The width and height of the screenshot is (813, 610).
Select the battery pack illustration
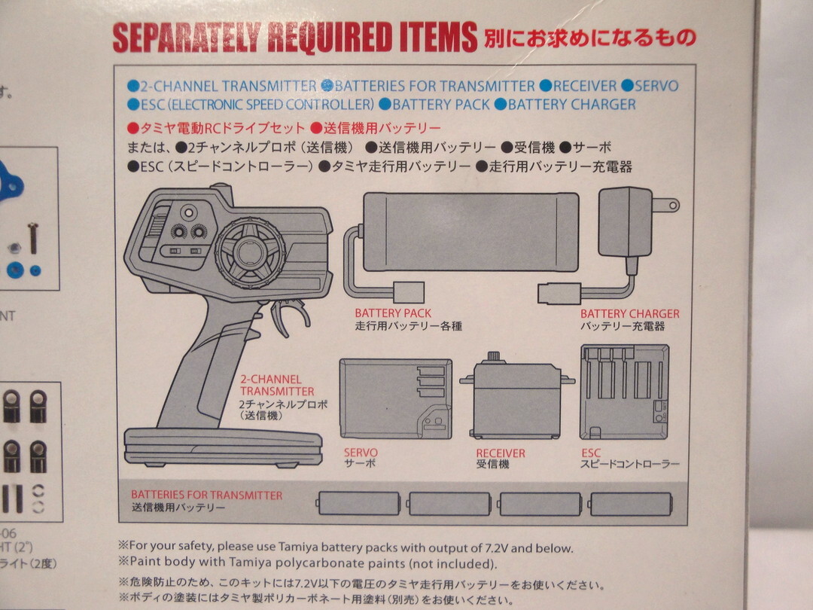tap(470, 232)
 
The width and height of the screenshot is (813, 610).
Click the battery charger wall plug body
tap(626, 222)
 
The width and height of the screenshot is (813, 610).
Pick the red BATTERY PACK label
tap(393, 313)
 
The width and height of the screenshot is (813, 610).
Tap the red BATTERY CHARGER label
tap(629, 314)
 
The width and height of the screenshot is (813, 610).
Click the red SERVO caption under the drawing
tap(361, 453)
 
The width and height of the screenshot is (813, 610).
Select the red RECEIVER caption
tap(501, 453)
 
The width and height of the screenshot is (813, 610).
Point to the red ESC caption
tap(591, 453)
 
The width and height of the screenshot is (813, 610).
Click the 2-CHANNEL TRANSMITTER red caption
tap(277, 386)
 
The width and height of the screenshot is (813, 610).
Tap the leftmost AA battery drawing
tap(358, 504)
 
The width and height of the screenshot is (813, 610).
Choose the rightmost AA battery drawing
tap(631, 504)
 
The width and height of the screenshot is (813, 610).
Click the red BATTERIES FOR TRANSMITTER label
tap(206, 495)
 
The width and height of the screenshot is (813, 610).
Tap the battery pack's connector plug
tap(409, 292)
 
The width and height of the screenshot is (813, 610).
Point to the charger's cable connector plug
tap(559, 294)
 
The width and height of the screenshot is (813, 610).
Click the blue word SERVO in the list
tap(656, 86)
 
